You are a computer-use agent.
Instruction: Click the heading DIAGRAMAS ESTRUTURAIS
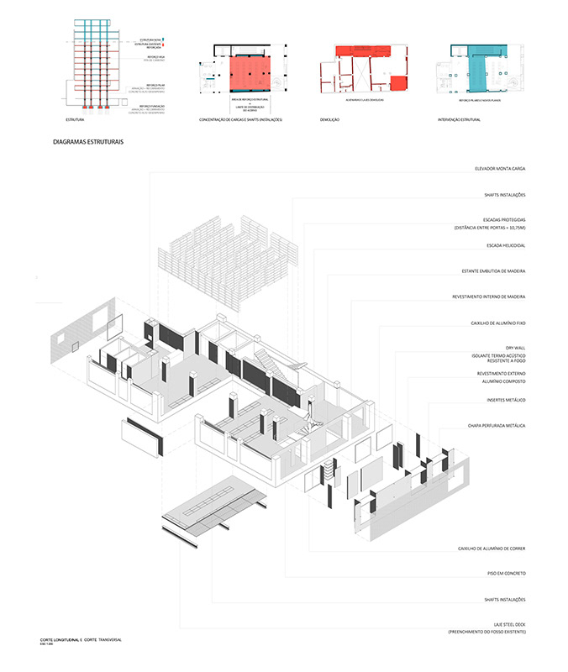coord(88,143)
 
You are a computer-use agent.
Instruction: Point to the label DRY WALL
coord(514,346)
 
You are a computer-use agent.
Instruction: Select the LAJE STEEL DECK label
coord(507,625)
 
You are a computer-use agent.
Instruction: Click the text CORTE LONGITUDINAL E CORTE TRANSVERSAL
coord(81,640)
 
